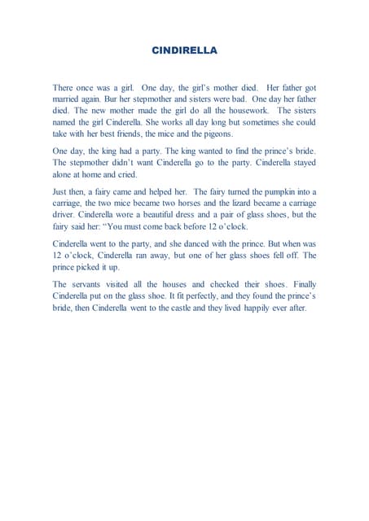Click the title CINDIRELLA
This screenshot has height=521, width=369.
(x=184, y=50)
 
